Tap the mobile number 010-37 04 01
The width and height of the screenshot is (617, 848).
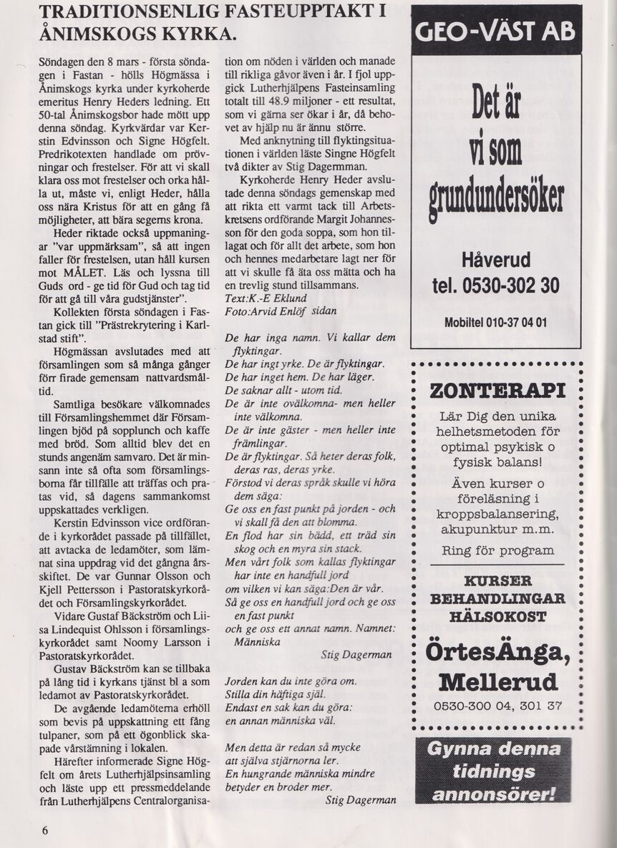pos(515,322)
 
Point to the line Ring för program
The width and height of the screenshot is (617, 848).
pos(497,550)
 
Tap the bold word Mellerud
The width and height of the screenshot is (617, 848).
pos(497,680)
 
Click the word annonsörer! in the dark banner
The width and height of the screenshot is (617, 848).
pos(495,794)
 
